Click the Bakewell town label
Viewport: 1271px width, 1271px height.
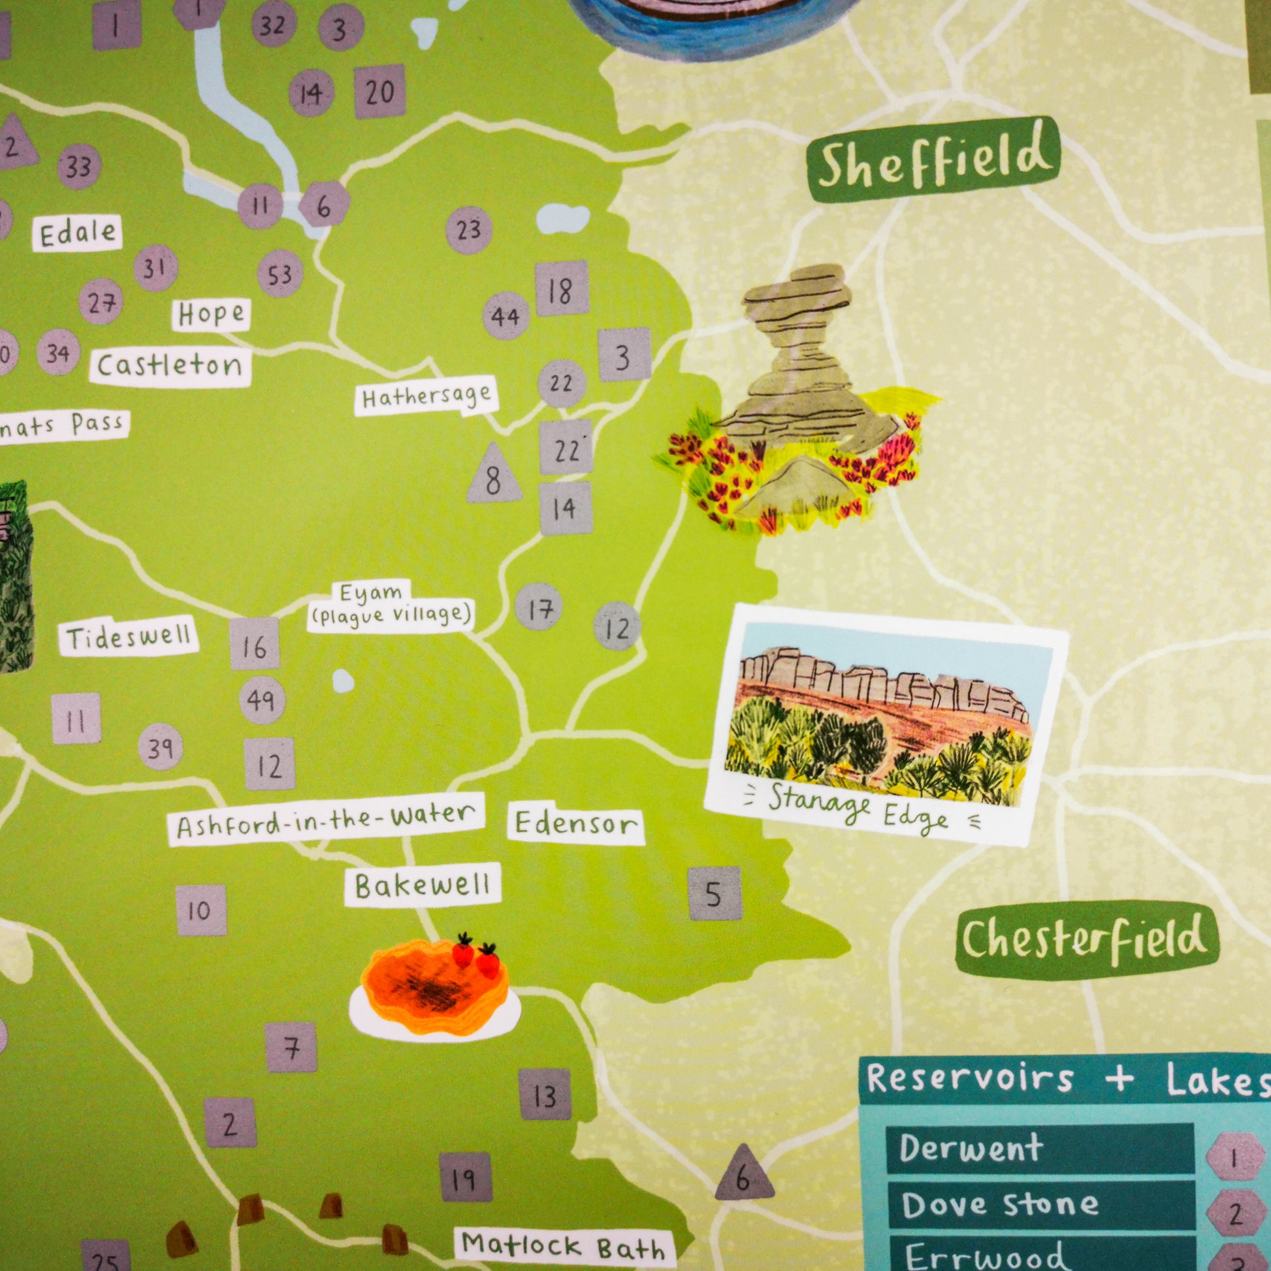click(423, 886)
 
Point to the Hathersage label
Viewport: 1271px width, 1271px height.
click(426, 396)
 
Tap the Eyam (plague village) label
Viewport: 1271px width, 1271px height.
click(391, 605)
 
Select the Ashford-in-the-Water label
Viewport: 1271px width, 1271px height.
click(326, 820)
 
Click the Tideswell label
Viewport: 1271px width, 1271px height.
click(128, 637)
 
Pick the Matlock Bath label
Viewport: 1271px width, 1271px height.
click(563, 1245)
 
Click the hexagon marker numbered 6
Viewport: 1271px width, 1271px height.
click(324, 206)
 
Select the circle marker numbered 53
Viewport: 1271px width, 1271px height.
click(280, 274)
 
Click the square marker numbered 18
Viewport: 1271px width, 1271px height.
click(561, 289)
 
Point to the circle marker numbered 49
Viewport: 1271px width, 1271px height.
click(261, 700)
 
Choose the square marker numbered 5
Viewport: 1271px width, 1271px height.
click(715, 893)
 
